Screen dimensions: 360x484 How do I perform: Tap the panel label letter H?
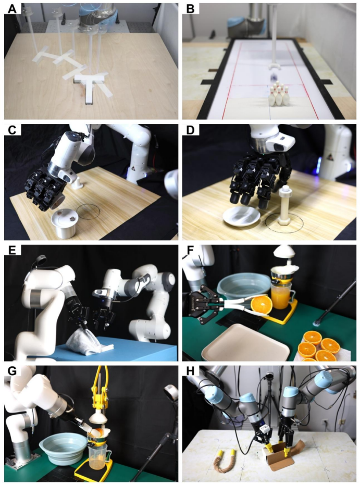(x=191, y=371)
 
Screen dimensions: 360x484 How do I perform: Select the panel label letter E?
(x=12, y=250)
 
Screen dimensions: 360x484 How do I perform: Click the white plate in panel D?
(x=242, y=216)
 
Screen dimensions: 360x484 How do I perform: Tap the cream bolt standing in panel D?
(x=284, y=205)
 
